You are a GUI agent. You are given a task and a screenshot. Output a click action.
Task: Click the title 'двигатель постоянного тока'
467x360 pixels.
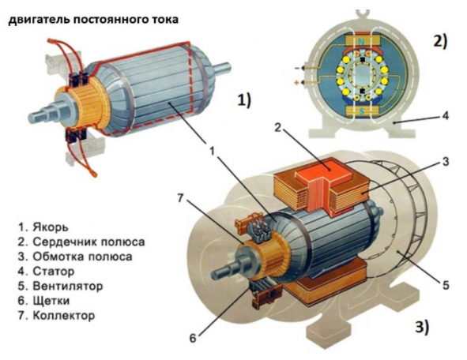coord(92,18)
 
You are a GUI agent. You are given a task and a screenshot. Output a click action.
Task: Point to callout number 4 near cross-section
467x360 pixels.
coord(446,116)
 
